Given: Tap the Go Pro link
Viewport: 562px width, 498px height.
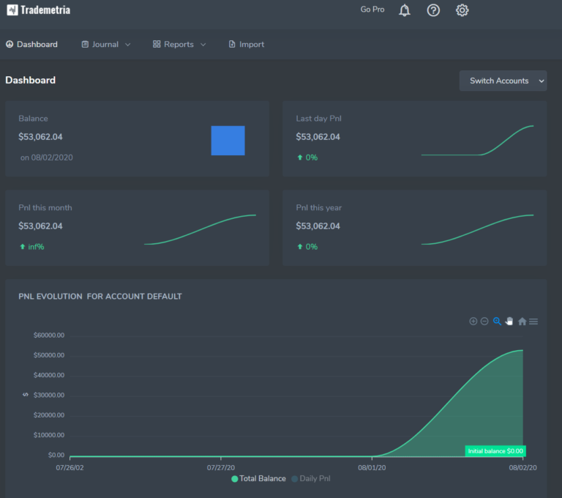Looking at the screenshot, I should coord(372,10).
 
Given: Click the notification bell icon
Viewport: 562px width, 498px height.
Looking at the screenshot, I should coord(405,10).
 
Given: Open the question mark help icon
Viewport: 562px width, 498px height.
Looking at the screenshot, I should coord(433,10).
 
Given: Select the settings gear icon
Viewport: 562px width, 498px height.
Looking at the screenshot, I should coord(462,10).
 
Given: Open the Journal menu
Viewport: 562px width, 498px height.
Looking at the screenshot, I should coord(106,45).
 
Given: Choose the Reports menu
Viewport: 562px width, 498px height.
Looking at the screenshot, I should coord(179,45).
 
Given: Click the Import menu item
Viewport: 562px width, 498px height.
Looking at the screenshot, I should coord(247,45).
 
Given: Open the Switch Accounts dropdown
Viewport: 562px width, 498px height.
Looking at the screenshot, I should coord(503,81).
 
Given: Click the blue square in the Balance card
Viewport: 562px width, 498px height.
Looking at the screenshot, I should coord(228,141).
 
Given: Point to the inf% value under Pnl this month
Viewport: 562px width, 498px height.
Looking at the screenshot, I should coord(36,247).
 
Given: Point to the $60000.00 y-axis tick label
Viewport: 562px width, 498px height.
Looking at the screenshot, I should coord(49,335).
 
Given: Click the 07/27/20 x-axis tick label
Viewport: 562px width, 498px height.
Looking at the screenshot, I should coord(220,467).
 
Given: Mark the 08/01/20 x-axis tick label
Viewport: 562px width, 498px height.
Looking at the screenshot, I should coord(372,467).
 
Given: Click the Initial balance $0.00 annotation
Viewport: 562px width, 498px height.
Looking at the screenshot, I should coord(495,451).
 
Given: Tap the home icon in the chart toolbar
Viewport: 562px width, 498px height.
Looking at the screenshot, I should coord(522,322).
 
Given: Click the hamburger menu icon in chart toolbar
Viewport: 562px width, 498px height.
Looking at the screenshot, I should coord(533,322).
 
